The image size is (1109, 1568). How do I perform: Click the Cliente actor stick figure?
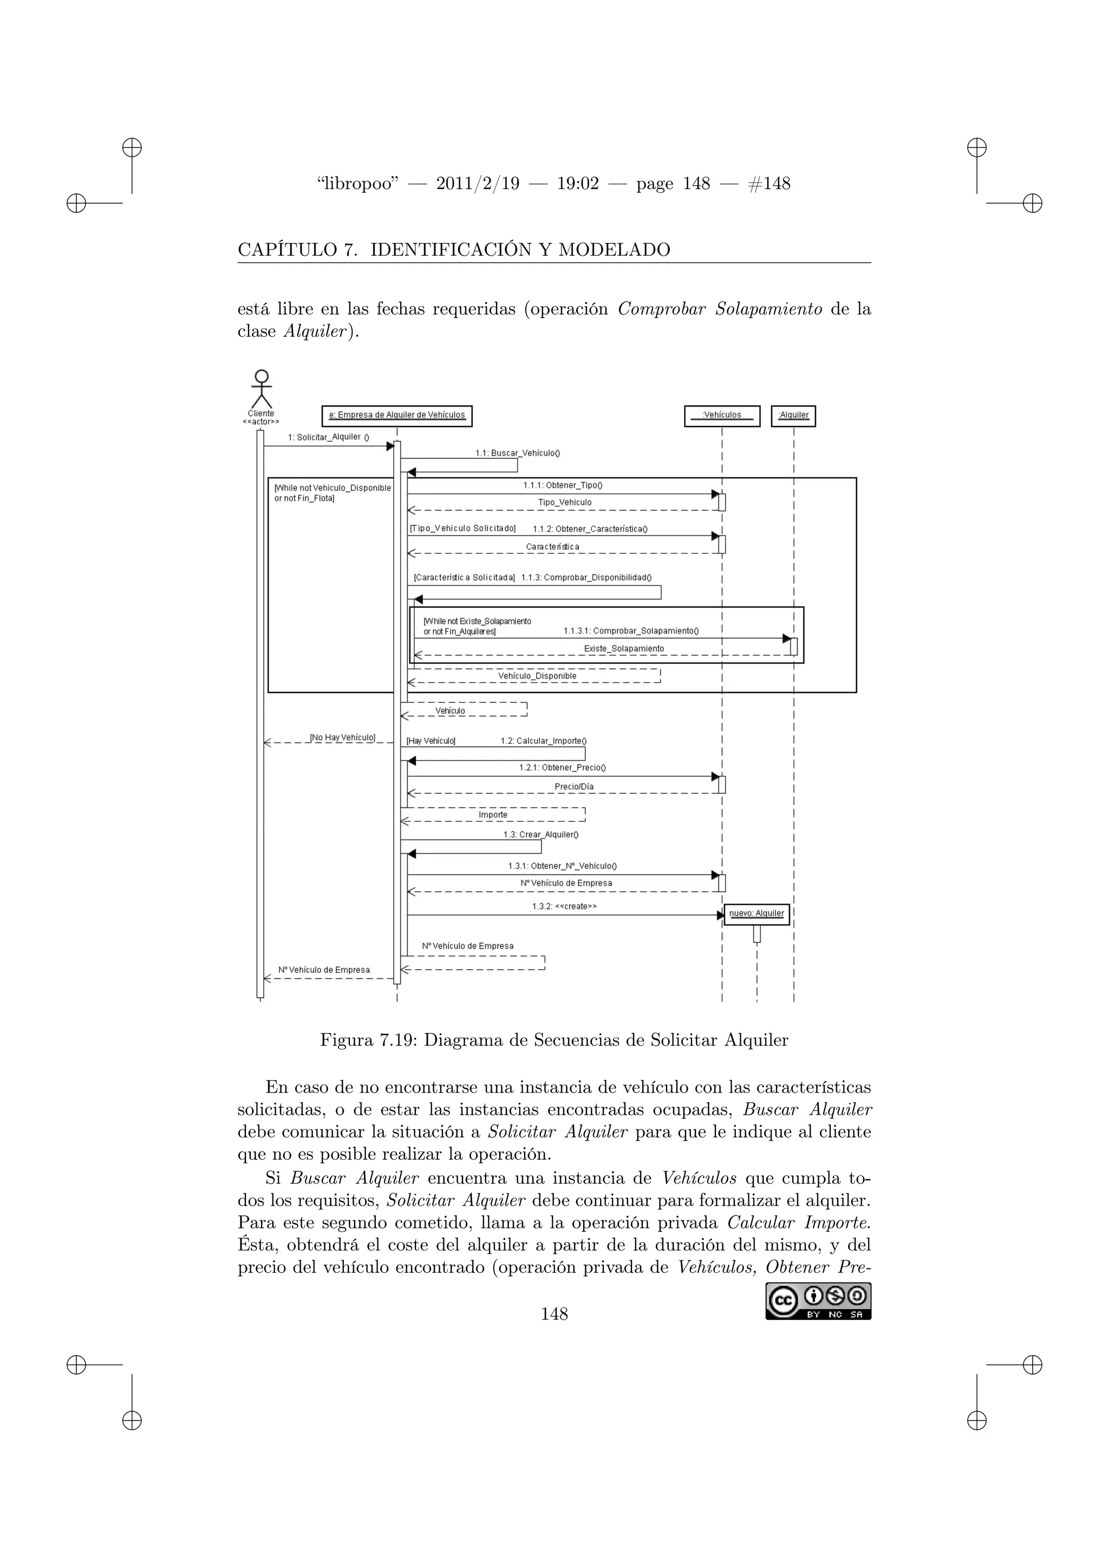[x=261, y=389]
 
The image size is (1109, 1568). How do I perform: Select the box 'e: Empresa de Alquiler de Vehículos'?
[x=397, y=415]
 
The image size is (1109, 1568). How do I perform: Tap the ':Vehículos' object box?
[x=722, y=415]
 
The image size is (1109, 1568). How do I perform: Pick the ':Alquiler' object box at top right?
[x=793, y=415]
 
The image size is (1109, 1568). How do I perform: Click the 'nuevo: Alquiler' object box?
[x=756, y=914]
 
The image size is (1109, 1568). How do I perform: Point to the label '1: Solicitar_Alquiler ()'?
[x=329, y=437]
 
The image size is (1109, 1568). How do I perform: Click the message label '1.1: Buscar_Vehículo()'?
[x=518, y=453]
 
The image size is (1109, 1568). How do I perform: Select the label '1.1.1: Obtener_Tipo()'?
[x=563, y=486]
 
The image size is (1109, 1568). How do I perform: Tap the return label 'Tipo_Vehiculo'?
[x=565, y=502]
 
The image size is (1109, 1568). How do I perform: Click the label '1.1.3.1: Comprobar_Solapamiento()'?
[x=631, y=631]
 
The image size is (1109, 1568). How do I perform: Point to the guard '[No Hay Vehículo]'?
[x=342, y=737]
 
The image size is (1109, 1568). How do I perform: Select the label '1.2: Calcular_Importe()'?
[x=544, y=741]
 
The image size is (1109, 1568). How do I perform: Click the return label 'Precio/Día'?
[x=573, y=787]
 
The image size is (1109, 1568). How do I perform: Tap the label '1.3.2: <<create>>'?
[x=564, y=907]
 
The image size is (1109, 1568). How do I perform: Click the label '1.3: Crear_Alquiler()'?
[x=541, y=834]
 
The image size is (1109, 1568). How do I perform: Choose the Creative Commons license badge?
[x=818, y=1301]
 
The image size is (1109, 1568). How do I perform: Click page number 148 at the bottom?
[x=554, y=1314]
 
